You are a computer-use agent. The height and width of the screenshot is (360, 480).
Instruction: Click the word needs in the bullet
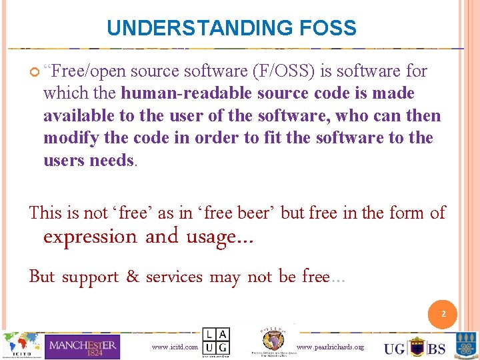coord(111,161)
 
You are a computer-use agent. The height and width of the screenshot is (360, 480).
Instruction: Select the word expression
coord(89,237)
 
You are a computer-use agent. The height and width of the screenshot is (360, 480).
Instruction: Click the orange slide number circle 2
coord(443,314)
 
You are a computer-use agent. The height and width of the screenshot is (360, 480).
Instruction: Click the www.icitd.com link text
coord(175,347)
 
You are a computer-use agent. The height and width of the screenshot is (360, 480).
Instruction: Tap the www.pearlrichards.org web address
coord(329,347)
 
